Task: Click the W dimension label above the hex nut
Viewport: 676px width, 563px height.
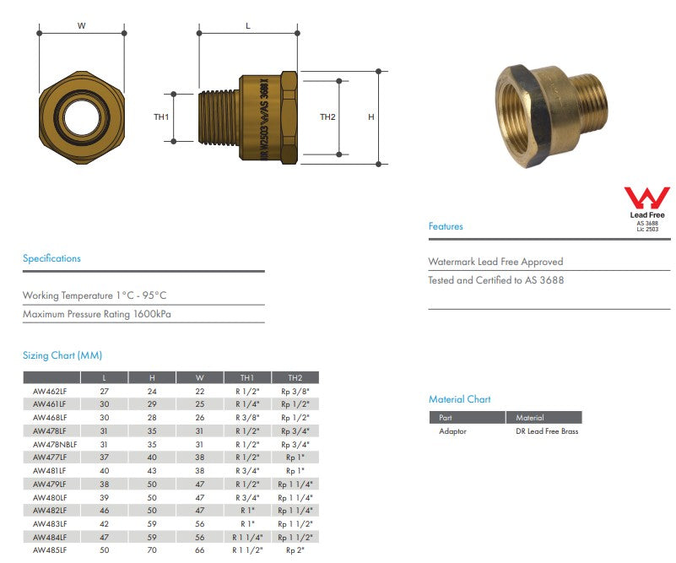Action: tap(82, 25)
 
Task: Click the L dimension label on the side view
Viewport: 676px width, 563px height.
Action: tap(247, 25)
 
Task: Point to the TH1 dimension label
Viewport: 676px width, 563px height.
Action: tap(162, 117)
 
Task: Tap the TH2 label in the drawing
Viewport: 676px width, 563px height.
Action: tap(327, 117)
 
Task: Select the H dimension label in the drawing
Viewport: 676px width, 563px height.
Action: tap(370, 117)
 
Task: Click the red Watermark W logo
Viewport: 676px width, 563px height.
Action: tap(646, 199)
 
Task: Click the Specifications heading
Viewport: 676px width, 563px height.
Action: tap(51, 258)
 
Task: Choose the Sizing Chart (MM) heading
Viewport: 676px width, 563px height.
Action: tap(62, 355)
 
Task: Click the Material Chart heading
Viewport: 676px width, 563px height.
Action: tap(459, 399)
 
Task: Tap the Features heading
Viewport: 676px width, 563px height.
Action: tap(446, 226)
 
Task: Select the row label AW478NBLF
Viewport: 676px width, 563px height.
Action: tap(55, 444)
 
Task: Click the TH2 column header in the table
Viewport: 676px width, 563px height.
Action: tap(295, 378)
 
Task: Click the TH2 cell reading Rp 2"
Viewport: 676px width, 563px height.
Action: tap(295, 549)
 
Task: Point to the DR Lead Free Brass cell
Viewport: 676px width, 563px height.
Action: tap(547, 431)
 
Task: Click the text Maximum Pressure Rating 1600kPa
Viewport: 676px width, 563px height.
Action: tap(103, 314)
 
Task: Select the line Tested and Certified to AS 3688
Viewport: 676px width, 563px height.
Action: tap(495, 280)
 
